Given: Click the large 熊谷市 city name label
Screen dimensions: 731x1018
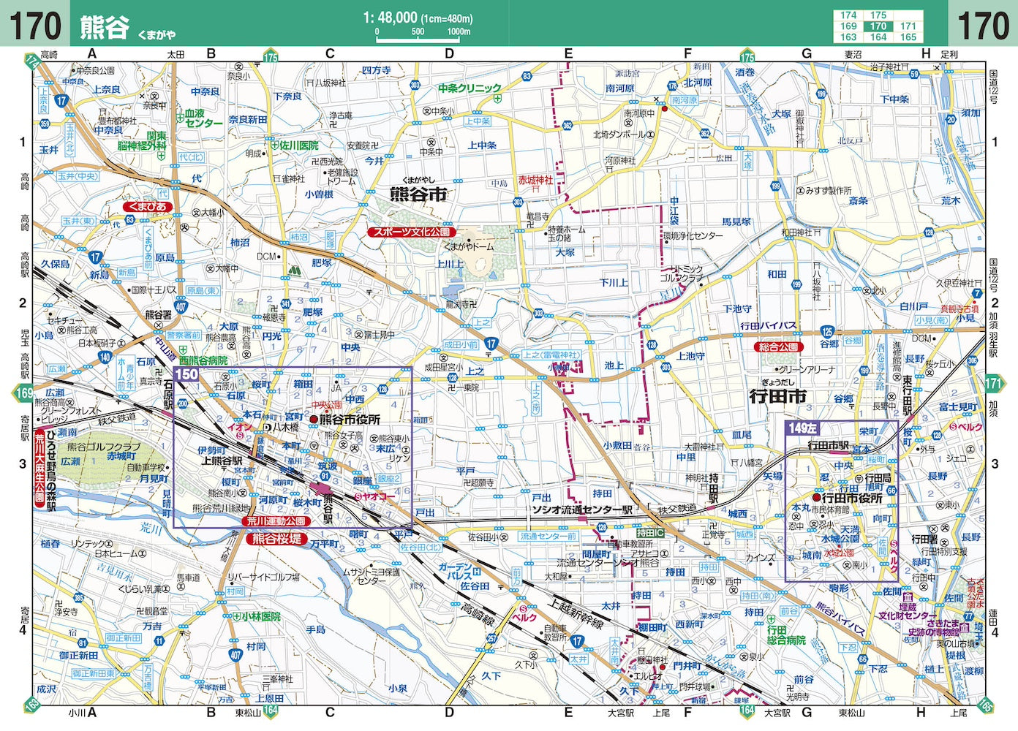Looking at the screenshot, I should point(418,194).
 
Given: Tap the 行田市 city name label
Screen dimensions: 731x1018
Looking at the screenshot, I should point(778,396).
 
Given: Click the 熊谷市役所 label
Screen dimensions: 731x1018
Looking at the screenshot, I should point(350,420).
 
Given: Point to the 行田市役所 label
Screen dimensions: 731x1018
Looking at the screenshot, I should point(852,498).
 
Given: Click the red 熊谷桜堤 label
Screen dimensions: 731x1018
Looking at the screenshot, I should point(276,539).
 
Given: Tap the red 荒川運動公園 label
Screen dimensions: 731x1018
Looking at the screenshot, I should point(276,521).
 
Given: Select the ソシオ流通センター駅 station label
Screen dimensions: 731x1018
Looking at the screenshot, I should point(582,510).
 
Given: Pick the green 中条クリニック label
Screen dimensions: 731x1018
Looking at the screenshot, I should point(470,88).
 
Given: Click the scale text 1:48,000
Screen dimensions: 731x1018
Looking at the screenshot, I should point(390,18).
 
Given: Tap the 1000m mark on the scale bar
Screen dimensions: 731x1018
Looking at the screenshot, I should point(459,32).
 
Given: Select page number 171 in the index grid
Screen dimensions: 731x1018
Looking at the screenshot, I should point(908,26).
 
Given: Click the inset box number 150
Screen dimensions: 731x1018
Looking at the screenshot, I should point(187,374).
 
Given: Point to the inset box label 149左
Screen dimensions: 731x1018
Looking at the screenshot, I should point(802,428).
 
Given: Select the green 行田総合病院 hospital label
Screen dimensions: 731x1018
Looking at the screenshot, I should point(786,635).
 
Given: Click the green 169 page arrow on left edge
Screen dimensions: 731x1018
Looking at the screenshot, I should point(23,394).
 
